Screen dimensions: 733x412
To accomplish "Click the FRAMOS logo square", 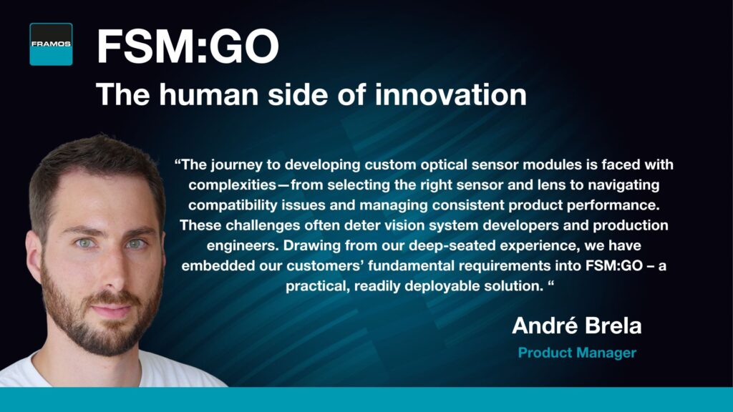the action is click(x=51, y=44).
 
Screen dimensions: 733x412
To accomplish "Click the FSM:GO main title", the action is click(x=188, y=46).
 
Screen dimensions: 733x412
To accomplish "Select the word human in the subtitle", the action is click(x=208, y=94).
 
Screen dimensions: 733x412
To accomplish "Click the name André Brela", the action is click(x=577, y=325).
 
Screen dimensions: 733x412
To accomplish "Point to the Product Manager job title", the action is click(x=578, y=353).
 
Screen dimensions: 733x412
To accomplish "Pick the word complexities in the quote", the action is click(x=233, y=185).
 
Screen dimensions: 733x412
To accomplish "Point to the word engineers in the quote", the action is click(x=243, y=245).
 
